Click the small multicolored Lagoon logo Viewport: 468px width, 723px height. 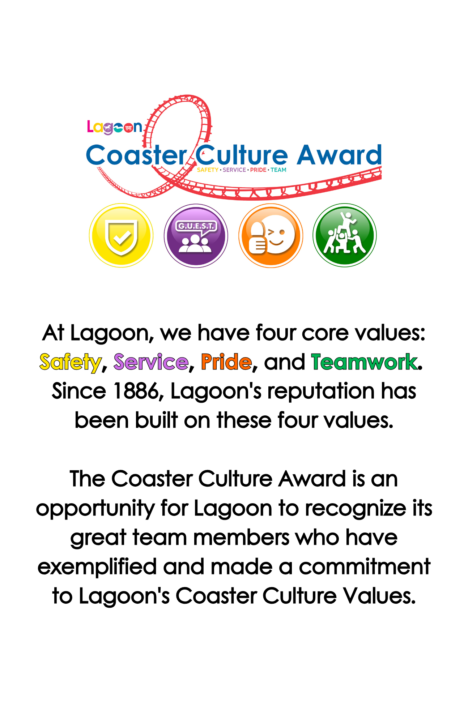[x=115, y=127]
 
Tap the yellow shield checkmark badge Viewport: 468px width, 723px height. [x=121, y=235]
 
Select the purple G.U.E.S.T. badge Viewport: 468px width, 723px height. [x=196, y=236]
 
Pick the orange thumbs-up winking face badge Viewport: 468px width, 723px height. [x=271, y=236]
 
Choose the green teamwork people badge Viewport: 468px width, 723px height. [x=345, y=235]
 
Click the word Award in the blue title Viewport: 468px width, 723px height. [x=339, y=155]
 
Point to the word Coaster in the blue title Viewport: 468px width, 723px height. [x=137, y=155]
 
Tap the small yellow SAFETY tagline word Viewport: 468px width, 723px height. [x=208, y=170]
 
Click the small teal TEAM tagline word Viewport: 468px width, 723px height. [x=278, y=170]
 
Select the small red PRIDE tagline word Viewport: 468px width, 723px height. [x=258, y=170]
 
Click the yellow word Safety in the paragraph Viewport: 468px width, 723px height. [x=70, y=363]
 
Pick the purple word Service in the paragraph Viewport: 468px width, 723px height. [x=151, y=362]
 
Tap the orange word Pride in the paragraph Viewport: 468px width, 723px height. [x=226, y=362]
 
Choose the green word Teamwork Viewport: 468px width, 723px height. [x=364, y=362]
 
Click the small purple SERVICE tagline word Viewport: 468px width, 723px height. [x=234, y=170]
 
